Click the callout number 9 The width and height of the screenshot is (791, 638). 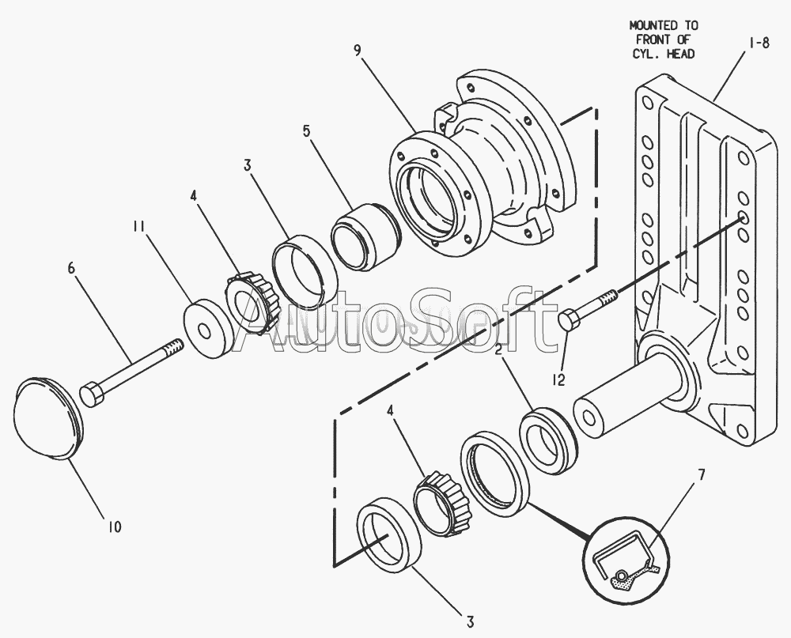point(358,51)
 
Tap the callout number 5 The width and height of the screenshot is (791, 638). point(307,131)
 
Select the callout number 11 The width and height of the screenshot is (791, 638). point(138,226)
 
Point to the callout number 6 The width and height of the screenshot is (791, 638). point(71,268)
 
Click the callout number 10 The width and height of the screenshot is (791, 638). point(115,527)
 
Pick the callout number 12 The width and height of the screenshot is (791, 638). point(558,379)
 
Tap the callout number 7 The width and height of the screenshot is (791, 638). point(701,474)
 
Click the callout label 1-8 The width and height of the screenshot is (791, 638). point(759,43)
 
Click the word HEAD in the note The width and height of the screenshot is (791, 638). point(680,54)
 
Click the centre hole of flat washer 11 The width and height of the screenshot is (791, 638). point(204,331)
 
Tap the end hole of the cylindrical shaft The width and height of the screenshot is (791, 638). point(588,418)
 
